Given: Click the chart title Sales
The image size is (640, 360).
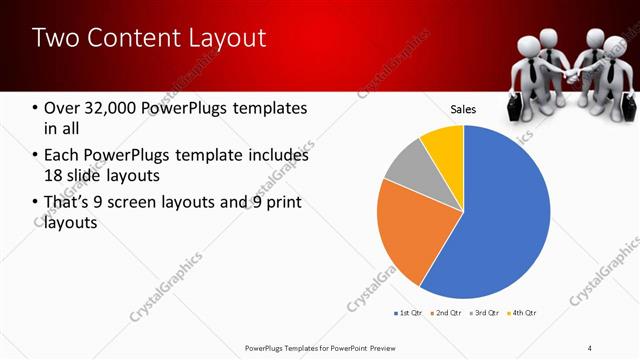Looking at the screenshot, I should click(463, 109).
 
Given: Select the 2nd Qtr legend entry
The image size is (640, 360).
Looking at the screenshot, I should click(445, 314).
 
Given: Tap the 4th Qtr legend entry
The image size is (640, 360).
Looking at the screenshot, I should click(521, 314).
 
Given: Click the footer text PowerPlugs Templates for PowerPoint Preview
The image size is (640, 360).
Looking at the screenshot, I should click(316, 347).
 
